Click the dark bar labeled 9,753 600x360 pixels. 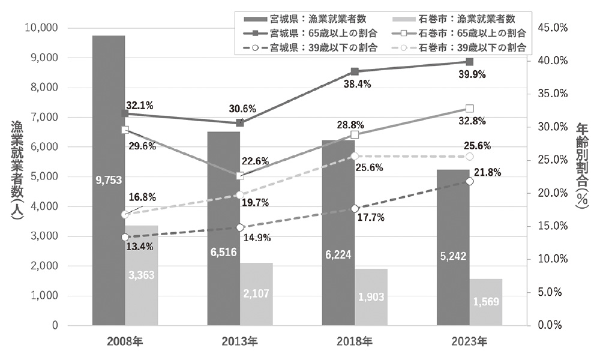tap(109, 180)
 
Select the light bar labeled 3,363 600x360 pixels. tap(141, 275)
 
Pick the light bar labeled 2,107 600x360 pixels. tap(256, 294)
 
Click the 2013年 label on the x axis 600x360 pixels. tap(239, 343)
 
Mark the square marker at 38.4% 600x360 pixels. tap(355, 72)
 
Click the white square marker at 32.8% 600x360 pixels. tap(470, 109)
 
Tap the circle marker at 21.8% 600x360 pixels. tap(470, 181)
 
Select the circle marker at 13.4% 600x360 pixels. tap(125, 238)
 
